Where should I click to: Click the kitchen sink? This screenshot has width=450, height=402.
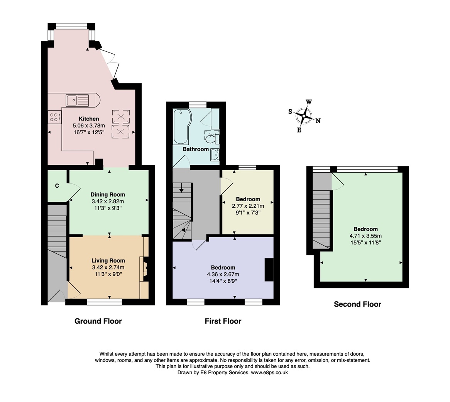click(x=78, y=100)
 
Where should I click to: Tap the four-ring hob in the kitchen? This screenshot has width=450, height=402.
click(x=54, y=117)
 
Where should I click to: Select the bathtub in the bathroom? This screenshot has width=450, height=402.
click(x=181, y=126)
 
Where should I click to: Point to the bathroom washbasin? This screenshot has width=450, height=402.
click(x=215, y=155)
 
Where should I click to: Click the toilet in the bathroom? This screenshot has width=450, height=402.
click(x=212, y=137)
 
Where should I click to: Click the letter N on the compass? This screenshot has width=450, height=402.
click(x=318, y=121)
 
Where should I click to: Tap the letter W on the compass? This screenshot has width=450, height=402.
click(x=309, y=102)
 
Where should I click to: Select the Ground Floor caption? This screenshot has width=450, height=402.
click(x=98, y=321)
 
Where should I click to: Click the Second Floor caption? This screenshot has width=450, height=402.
click(x=358, y=304)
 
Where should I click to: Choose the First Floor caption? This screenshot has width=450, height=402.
click(x=223, y=321)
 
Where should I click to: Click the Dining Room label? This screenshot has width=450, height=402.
click(x=108, y=195)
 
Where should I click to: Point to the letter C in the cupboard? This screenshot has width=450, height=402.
click(x=57, y=186)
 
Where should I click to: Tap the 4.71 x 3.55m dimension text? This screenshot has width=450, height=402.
click(x=365, y=236)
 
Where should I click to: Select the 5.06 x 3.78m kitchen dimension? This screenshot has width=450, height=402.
click(x=89, y=126)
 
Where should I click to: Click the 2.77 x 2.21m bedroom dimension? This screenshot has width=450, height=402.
click(x=248, y=206)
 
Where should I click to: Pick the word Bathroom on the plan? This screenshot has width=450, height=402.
click(x=196, y=149)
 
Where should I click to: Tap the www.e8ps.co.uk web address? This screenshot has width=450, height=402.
click(x=269, y=372)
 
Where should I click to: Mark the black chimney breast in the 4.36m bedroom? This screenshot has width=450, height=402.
click(x=269, y=270)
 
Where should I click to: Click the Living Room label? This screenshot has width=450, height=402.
click(x=108, y=261)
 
